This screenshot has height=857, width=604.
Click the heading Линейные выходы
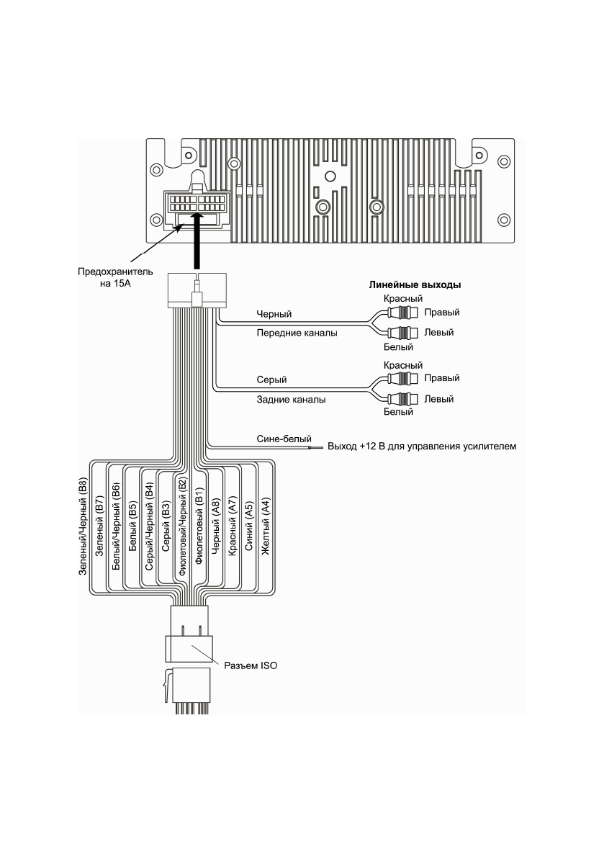[x=415, y=285]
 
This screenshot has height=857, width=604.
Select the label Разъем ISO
[x=251, y=666]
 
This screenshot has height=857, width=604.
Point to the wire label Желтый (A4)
[x=265, y=526]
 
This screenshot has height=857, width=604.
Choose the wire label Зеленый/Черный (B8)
[x=83, y=526]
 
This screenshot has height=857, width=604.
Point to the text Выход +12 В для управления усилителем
[x=422, y=447]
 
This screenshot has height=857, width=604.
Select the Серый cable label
[x=269, y=379]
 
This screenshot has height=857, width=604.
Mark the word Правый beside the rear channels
[x=442, y=378]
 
